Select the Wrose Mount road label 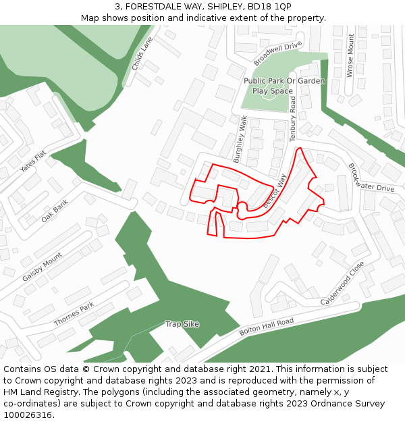coord(350,55)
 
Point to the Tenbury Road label coord(293,118)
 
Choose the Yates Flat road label coord(32,161)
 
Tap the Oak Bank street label coord(55,210)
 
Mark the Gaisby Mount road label coord(42,267)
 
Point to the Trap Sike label coord(182,324)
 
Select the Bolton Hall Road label coord(267,327)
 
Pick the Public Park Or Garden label coord(284,81)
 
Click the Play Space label coord(273,90)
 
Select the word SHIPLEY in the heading coord(227,6)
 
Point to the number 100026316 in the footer coord(26,415)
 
